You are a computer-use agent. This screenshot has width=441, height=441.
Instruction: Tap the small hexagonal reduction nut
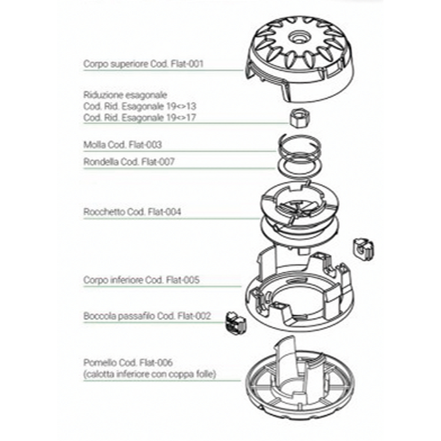pos(300,118)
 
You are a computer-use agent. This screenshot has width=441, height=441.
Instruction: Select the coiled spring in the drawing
pos(299,146)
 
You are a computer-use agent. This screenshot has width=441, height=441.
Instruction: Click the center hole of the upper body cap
pos(299,37)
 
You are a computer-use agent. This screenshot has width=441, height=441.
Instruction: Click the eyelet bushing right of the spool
pos(364,249)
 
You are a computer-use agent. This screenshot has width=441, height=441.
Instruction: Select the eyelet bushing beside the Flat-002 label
pos(235,323)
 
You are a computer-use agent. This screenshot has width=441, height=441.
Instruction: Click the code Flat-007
pos(157,162)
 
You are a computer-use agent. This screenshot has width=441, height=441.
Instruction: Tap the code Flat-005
pos(183,280)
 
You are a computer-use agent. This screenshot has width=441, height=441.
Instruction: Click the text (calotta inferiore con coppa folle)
pos(150,374)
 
